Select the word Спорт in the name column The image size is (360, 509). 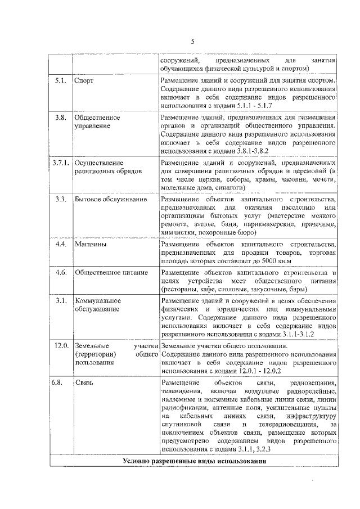coord(83,81)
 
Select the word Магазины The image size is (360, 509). coord(90,245)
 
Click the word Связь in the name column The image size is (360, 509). coord(84,382)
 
